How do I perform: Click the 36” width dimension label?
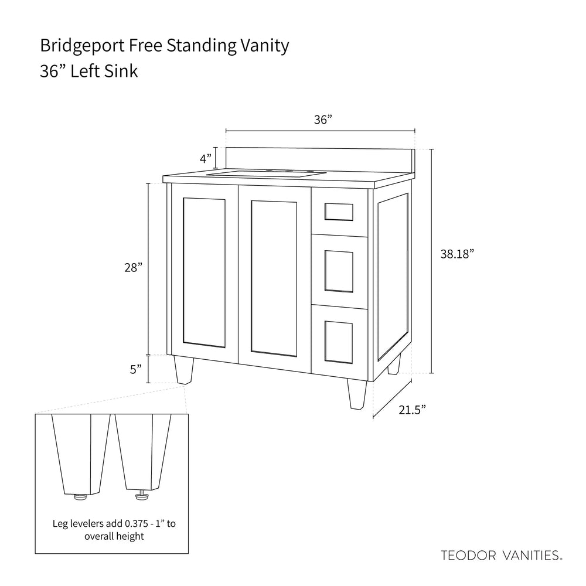pos(322,120)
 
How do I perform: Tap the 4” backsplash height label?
pos(205,158)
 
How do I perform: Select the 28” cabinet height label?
pos(133,268)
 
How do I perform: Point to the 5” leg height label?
pos(136,369)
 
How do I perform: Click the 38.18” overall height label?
pos(456,255)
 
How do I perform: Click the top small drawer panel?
pos(339,212)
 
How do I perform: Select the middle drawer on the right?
pos(339,271)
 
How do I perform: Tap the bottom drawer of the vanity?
pos(339,340)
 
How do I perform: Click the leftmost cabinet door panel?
pos(204,271)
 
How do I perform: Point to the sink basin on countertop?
pos(267,174)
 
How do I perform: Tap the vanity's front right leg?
pos(357,393)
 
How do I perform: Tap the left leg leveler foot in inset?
pos(79,497)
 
